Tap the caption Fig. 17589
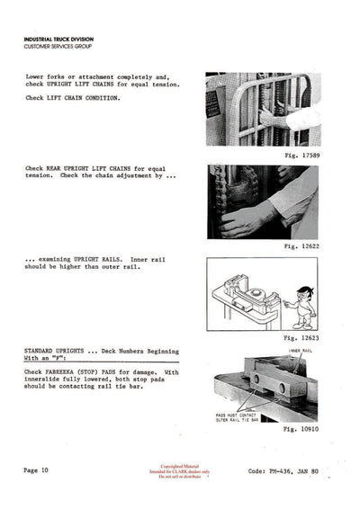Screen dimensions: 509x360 pyautogui.click(x=296, y=156)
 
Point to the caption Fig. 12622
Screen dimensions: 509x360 pyautogui.click(x=296, y=245)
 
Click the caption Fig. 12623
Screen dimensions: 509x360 pyautogui.click(x=296, y=337)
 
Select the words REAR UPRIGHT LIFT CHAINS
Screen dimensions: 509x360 pyautogui.click(x=89, y=168)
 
